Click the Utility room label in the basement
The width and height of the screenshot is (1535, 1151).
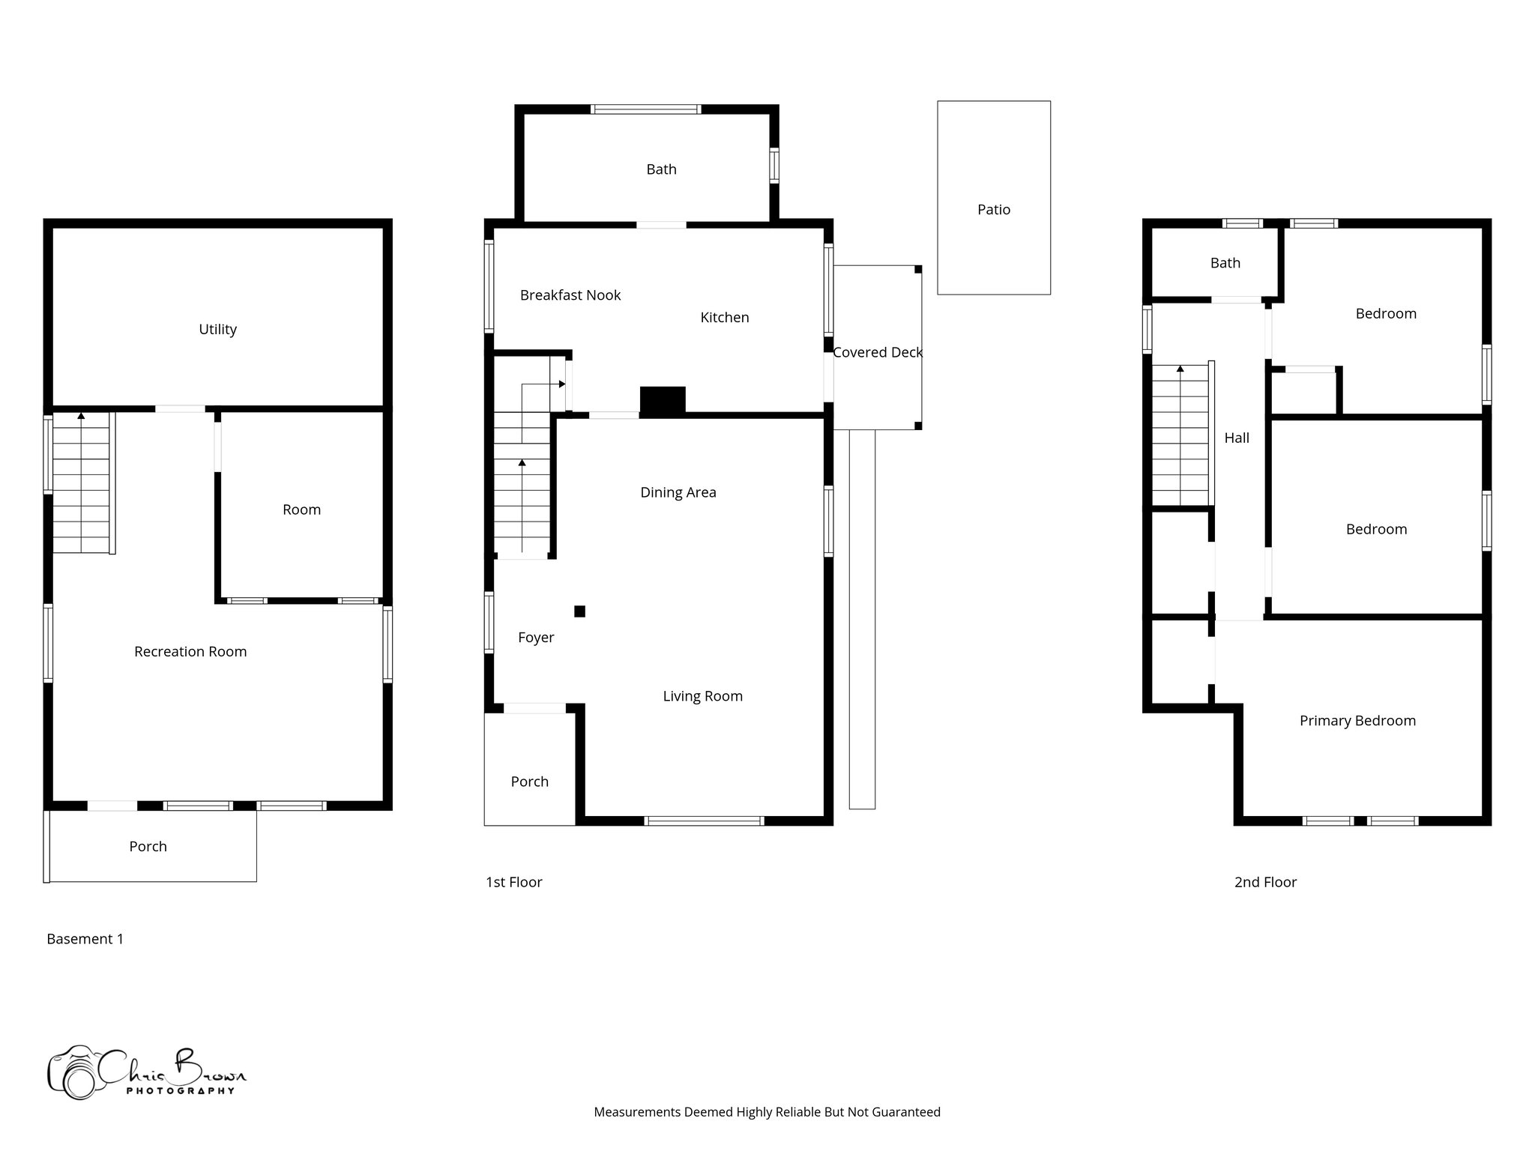(217, 329)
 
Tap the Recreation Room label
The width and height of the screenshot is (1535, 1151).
(190, 651)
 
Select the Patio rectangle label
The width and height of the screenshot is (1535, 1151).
(993, 210)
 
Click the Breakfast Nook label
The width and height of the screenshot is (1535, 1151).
(570, 295)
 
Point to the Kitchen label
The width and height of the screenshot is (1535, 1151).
(724, 318)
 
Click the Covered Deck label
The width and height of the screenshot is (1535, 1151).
(877, 352)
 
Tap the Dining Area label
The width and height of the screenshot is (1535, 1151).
(678, 492)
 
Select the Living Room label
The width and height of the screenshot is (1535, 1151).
(702, 696)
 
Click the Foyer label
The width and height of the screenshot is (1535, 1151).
(536, 638)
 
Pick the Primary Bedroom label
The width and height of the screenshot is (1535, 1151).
(1357, 721)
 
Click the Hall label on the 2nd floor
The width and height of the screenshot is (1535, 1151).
(1237, 438)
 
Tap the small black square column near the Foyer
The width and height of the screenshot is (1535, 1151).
(579, 611)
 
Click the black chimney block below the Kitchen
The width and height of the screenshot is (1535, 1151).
(663, 401)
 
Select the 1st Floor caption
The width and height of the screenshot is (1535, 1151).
(513, 882)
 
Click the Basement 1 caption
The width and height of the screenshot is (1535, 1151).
(85, 939)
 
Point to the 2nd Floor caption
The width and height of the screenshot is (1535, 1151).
(1265, 882)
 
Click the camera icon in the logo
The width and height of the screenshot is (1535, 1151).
(73, 1073)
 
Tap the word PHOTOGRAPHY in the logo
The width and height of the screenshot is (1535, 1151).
(180, 1091)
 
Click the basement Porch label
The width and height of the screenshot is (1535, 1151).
(148, 847)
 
